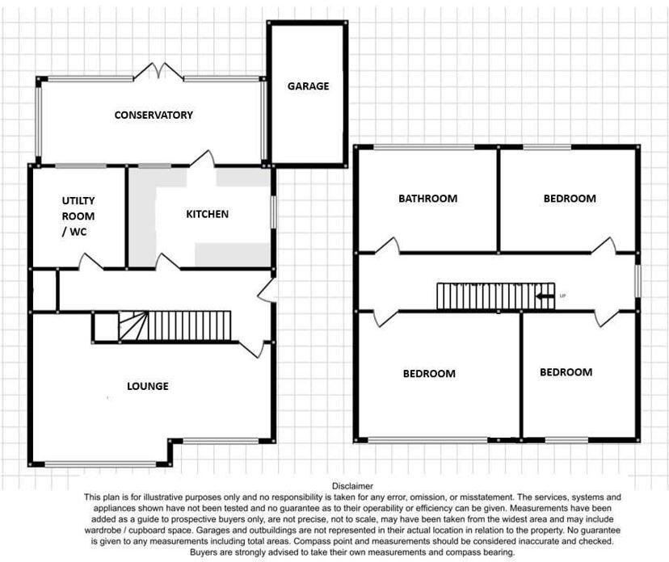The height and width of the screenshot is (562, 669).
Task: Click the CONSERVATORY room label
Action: click(154, 115)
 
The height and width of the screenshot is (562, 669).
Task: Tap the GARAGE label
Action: click(309, 86)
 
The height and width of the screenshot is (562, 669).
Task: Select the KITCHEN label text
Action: click(208, 214)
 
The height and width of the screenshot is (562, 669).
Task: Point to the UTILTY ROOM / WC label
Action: click(78, 216)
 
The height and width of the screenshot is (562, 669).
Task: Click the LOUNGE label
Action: click(148, 386)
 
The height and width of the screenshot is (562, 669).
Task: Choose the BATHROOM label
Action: click(427, 198)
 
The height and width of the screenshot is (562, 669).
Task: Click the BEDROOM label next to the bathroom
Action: click(569, 198)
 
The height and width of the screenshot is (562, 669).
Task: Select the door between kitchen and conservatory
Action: click(203, 159)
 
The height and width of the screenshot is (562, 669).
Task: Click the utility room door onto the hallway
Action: click(89, 262)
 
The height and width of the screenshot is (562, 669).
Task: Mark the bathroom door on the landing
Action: click(385, 247)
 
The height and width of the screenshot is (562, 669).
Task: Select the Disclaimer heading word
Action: click(352, 486)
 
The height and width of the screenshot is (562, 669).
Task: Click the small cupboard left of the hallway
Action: click(44, 290)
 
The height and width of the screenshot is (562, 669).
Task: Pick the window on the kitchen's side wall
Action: click(273, 212)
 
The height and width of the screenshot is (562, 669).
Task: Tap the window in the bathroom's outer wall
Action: click(423, 147)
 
